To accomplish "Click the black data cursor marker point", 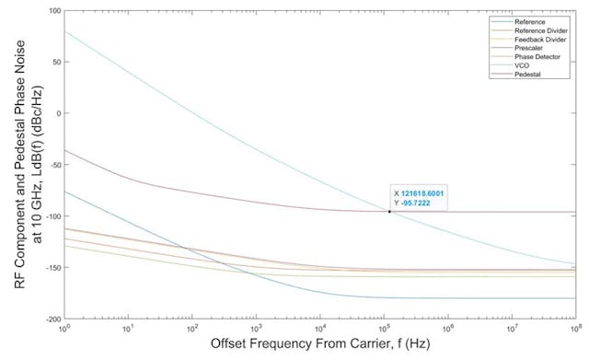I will pos(389,212).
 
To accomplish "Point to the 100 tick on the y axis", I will pos(52,11).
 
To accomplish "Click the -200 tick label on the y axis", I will pos(52,319).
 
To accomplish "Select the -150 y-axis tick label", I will pos(52,268).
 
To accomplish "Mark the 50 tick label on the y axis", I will pos(54,63).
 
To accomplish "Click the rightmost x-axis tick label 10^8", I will pos(575,328).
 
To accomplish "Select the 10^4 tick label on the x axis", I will pos(320,328).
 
